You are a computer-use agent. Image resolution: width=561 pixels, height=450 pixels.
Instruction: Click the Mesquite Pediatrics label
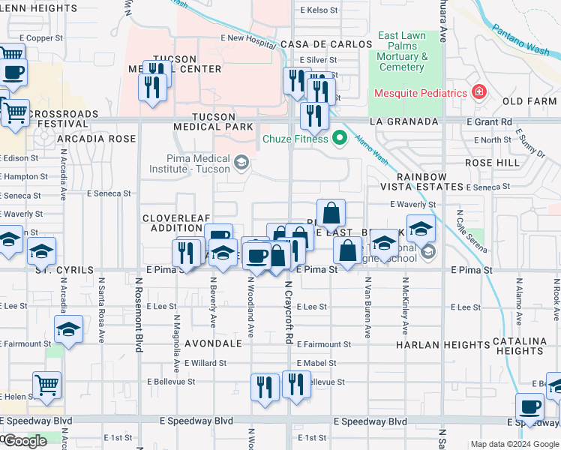pyautogui.click(x=421, y=94)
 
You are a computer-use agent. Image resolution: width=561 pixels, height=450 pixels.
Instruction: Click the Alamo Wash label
pyautogui.click(x=370, y=150)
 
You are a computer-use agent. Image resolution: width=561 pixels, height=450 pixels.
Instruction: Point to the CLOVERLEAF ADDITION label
pyautogui.click(x=172, y=223)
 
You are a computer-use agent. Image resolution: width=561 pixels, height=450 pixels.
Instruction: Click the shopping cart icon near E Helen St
pyautogui.click(x=47, y=385)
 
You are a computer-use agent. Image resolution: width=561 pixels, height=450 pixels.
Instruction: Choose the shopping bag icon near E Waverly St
pyautogui.click(x=331, y=214)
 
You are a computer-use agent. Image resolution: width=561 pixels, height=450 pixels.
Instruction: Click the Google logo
pyautogui.click(x=25, y=441)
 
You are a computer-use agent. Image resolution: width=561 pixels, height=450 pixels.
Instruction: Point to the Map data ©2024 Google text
pyautogui.click(x=514, y=444)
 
